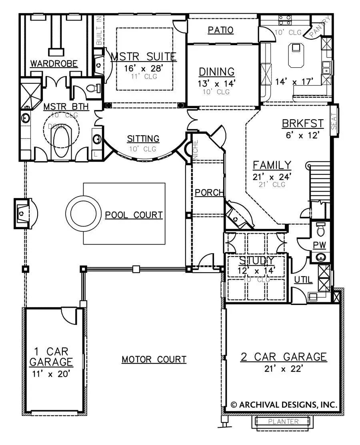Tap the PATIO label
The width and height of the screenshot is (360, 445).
[221, 30]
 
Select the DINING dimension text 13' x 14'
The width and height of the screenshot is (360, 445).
[216, 84]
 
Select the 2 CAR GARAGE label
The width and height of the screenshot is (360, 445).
[284, 357]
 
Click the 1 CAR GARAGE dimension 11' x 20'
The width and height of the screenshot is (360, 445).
[51, 374]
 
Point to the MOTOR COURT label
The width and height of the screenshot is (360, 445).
[154, 359]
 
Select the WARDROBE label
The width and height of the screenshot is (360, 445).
[54, 63]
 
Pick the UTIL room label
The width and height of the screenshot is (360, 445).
[303, 280]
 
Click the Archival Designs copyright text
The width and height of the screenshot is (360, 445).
[285, 404]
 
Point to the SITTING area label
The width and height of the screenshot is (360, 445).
[143, 139]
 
